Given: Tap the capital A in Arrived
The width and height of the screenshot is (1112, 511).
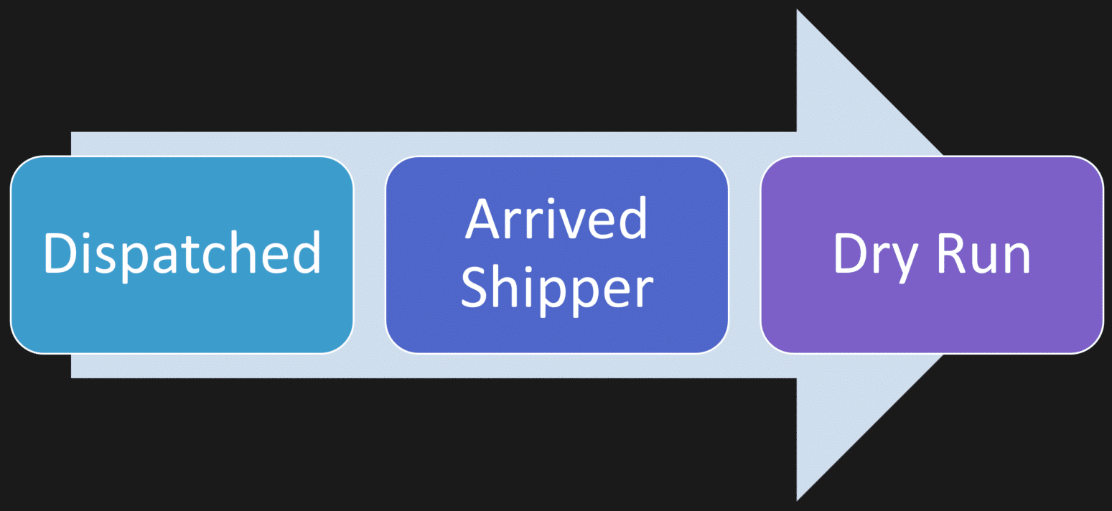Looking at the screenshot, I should [482, 217].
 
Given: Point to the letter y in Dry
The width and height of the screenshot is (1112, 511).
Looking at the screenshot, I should [906, 261].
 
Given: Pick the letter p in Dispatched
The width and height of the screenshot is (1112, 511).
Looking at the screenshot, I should [131, 260].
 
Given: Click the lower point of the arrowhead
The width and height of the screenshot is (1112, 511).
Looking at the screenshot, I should [798, 498].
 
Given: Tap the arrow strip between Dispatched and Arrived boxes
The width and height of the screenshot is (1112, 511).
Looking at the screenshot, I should [370, 254].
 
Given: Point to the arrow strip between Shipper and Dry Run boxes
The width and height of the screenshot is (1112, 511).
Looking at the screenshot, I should [744, 254].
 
